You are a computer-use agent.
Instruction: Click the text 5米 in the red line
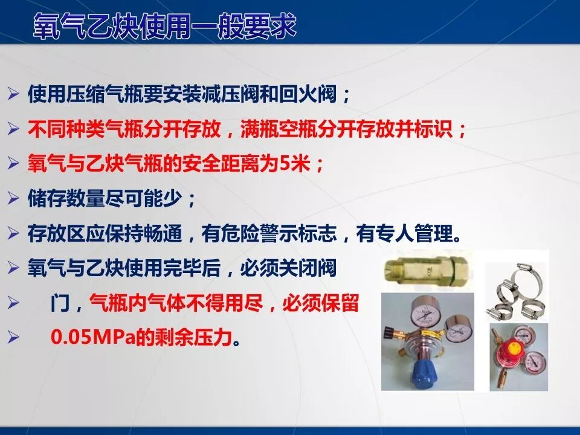tap(295, 164)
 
